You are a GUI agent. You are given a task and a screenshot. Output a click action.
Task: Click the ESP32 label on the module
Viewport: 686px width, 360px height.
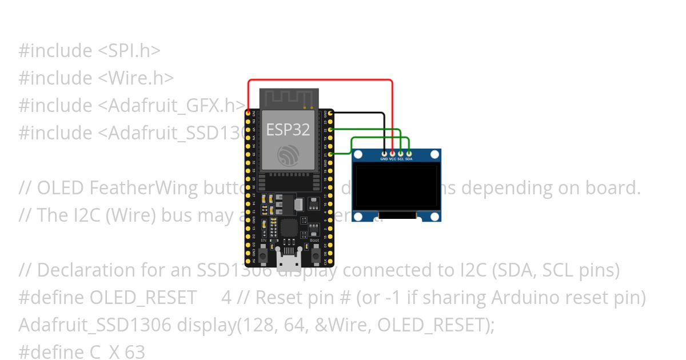point(288,130)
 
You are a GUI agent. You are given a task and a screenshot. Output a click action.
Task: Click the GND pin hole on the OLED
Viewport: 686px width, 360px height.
point(384,153)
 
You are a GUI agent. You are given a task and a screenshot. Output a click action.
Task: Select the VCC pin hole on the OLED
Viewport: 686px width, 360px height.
point(392,153)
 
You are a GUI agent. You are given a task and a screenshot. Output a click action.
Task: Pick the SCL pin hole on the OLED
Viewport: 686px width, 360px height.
point(401,153)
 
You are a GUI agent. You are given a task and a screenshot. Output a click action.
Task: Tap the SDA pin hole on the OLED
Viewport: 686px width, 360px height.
point(409,153)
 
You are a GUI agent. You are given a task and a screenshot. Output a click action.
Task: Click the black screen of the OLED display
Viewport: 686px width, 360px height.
point(396,187)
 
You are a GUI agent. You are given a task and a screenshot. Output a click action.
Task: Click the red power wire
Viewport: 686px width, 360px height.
point(320,81)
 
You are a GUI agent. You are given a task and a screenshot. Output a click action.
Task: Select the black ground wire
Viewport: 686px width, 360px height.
point(360,113)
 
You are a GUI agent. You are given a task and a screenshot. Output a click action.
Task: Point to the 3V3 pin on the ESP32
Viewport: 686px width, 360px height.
point(248,113)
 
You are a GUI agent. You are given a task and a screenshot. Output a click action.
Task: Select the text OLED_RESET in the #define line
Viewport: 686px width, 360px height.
point(143,298)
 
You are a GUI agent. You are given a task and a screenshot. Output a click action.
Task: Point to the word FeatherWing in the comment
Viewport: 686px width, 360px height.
point(144,188)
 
